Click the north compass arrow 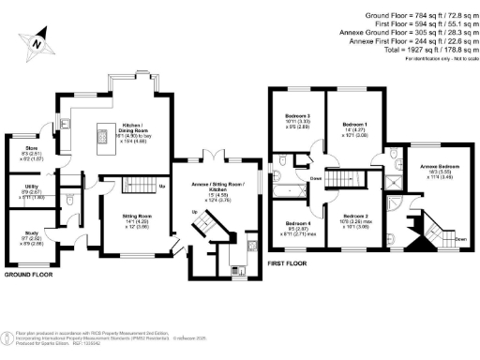point(36,42)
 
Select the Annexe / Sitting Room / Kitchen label point(217,189)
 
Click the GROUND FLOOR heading point(28,276)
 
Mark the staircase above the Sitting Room point(133,184)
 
